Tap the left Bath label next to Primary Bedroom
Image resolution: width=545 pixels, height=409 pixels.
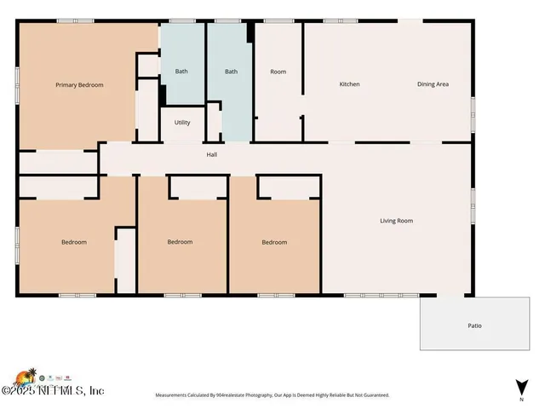point(181,72)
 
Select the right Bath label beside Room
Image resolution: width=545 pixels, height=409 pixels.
point(231,72)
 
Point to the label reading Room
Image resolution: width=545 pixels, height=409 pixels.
point(278,72)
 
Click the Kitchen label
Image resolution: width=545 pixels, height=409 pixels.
point(349,84)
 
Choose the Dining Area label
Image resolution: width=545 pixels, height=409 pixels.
point(433,84)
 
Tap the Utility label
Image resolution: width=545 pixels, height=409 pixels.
point(182,123)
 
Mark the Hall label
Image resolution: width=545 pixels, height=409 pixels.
point(212,155)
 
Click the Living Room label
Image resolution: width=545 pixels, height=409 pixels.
point(396,221)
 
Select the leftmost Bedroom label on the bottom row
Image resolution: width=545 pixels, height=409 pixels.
point(74,242)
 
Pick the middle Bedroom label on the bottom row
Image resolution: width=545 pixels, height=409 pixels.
point(180,242)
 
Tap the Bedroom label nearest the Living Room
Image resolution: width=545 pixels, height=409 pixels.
point(273,242)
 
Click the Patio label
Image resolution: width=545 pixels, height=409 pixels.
point(474,325)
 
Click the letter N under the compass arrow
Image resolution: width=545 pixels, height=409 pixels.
point(519,397)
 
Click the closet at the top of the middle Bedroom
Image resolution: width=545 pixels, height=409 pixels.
point(198,187)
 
